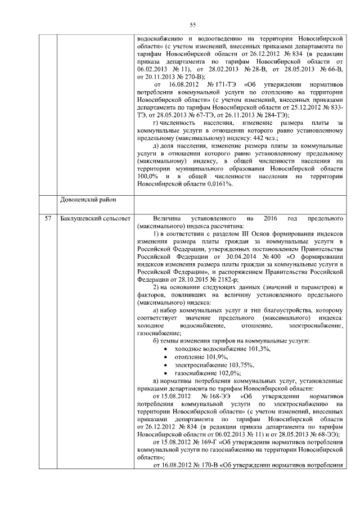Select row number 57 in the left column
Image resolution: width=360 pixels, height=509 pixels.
point(48,217)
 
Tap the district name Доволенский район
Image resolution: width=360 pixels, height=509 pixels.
point(86,200)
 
